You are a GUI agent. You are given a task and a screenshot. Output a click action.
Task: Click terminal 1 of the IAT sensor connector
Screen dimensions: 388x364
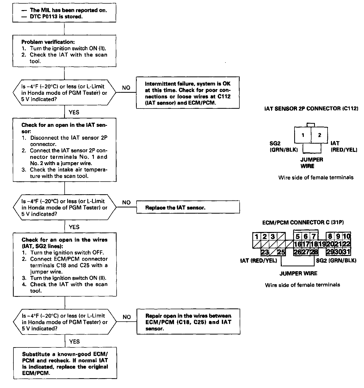coord(303,135)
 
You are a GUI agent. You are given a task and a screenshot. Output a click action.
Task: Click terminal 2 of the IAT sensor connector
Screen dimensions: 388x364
coord(320,135)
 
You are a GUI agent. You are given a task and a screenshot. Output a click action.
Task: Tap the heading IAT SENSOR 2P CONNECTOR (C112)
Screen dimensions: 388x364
coord(311,108)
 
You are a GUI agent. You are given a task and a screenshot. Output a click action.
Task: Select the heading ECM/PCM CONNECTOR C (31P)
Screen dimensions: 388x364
coord(303,222)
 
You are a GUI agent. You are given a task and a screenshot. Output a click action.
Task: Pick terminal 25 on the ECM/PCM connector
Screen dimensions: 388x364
coord(281,252)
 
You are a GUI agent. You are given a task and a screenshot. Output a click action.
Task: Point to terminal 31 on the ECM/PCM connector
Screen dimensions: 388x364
coord(346,252)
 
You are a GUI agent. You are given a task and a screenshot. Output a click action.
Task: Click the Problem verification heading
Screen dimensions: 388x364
coord(48,42)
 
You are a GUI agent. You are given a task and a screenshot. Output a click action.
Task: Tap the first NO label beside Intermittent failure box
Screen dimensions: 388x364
coord(126,88)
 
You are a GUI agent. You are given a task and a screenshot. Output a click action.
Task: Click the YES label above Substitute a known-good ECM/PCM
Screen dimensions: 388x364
coord(74,342)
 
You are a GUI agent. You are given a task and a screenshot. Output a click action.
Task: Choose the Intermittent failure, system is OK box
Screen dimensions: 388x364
coord(188,93)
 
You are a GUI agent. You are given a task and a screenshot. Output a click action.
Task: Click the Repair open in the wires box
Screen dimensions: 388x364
coord(188,322)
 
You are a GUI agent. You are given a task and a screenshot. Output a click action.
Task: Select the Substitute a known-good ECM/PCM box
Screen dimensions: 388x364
coord(65,363)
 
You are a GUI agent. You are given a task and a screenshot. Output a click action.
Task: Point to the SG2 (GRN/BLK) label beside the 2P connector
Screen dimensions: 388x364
coord(283,146)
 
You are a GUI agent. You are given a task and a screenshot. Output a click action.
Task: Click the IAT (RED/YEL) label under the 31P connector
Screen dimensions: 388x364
coord(259,261)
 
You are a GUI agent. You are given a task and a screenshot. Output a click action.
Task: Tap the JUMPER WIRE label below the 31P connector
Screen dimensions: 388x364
coord(298,273)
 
